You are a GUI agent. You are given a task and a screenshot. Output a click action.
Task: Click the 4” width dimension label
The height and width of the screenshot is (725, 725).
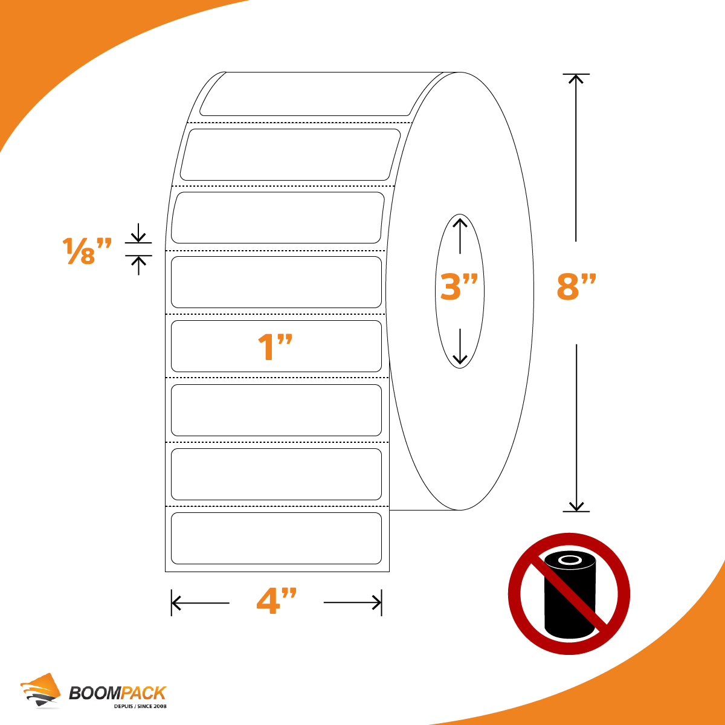[277, 601]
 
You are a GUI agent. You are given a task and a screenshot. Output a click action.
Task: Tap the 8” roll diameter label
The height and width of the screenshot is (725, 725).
[576, 287]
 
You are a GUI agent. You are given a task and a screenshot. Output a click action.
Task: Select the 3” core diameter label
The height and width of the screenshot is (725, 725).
[459, 287]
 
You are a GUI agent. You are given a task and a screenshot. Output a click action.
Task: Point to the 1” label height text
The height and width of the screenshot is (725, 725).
[275, 347]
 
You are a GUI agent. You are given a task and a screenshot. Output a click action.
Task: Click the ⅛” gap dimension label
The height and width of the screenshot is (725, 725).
[87, 251]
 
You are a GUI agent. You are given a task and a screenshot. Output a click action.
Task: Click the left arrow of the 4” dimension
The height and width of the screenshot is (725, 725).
[200, 603]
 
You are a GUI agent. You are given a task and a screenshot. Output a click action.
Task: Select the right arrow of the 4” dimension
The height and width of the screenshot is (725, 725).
[352, 602]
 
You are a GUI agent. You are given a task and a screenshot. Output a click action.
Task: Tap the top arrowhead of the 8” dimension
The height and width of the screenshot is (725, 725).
[576, 79]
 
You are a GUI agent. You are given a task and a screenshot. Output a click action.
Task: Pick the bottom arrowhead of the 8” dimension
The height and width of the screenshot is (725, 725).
[576, 506]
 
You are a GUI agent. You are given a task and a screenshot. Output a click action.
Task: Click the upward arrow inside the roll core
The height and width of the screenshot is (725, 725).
[460, 236]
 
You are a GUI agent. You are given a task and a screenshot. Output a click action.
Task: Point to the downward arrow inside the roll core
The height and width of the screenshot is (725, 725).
[460, 347]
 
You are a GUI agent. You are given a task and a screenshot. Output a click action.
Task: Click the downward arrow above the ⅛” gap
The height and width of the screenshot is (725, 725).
[138, 233]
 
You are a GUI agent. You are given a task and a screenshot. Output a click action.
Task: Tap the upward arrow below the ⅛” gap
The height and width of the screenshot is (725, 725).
[138, 265]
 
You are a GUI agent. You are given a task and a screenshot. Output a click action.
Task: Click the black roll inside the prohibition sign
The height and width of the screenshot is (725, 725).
[570, 595]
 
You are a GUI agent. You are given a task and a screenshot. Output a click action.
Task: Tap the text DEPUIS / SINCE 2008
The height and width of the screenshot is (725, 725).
[140, 706]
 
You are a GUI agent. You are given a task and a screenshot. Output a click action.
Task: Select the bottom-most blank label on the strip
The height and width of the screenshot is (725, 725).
[276, 538]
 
